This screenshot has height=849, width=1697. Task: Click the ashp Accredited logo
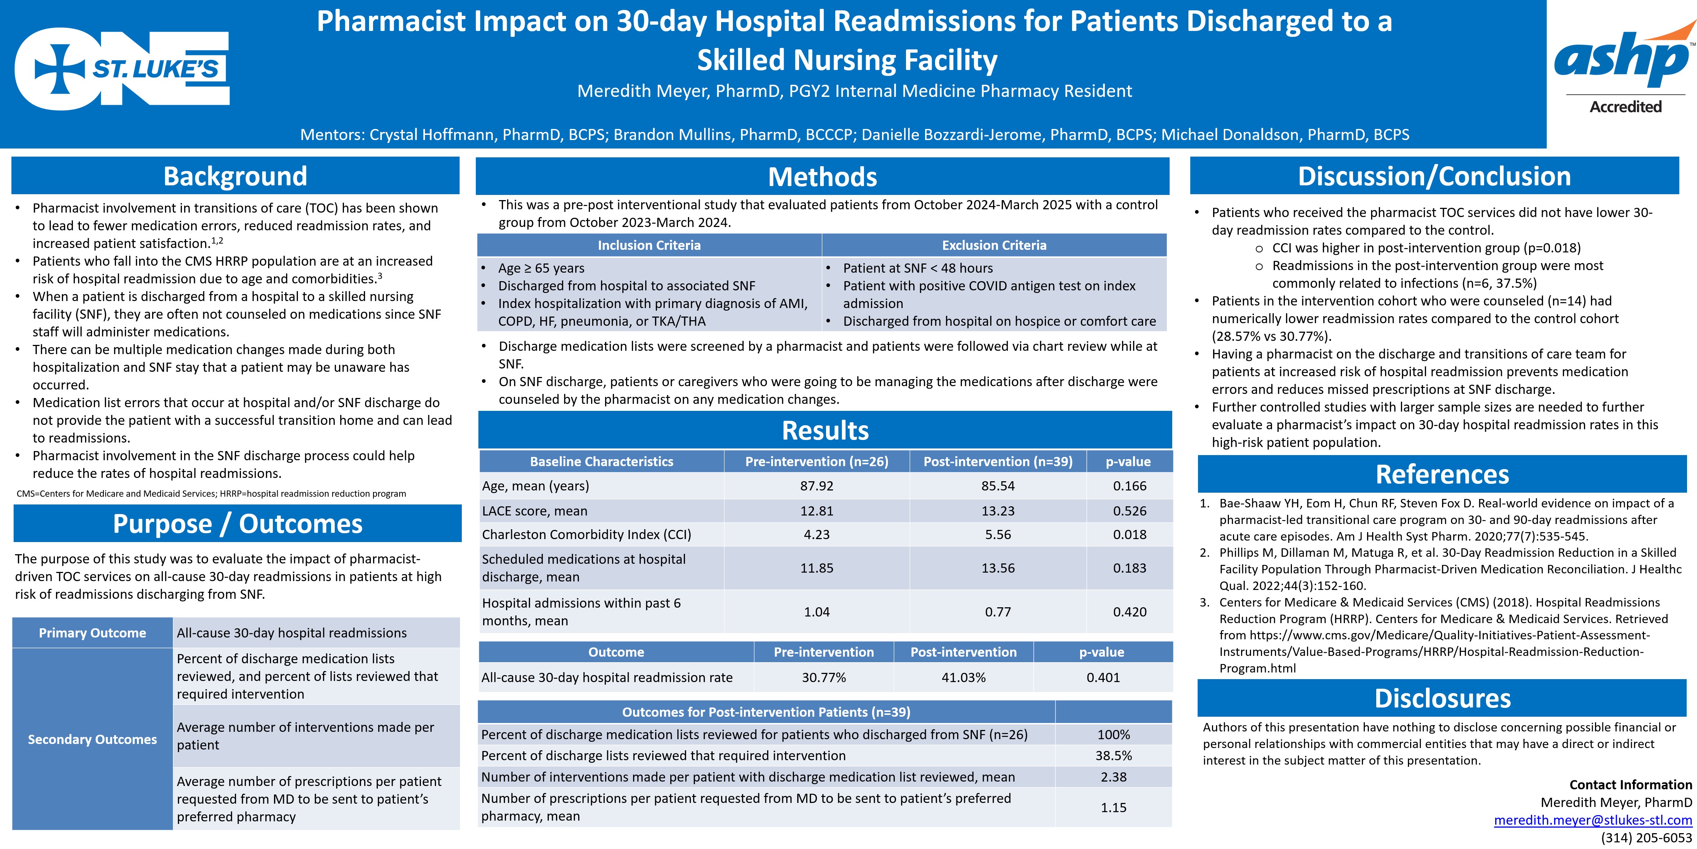[1624, 69]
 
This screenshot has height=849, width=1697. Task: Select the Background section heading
[235, 176]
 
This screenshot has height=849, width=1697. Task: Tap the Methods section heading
[822, 177]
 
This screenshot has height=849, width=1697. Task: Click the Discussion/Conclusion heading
[1434, 176]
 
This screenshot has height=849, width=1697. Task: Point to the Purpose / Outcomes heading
[237, 523]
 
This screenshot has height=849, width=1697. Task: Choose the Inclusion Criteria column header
[649, 245]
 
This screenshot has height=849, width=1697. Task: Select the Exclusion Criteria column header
[994, 245]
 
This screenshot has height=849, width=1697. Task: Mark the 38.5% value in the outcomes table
[1113, 755]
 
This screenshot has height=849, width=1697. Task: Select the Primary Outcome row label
[92, 633]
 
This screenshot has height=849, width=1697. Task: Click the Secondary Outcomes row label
[92, 739]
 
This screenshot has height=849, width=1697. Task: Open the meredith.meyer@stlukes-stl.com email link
[1592, 820]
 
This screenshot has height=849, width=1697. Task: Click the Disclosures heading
[1442, 698]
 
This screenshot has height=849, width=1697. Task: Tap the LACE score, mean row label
[534, 511]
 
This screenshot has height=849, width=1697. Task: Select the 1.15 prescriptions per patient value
[1113, 807]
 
